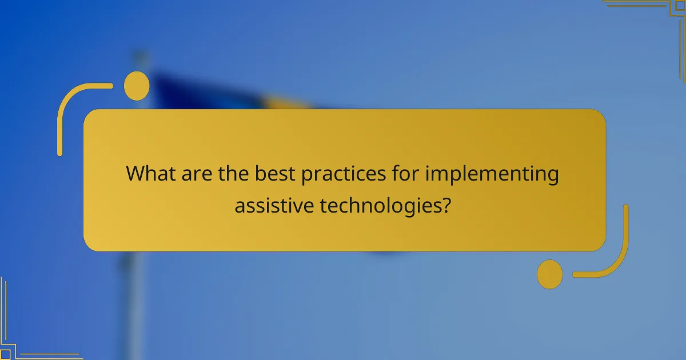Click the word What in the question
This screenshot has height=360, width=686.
[x=151, y=173]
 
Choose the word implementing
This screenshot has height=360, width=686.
[x=492, y=174]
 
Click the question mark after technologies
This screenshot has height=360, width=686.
[x=444, y=205]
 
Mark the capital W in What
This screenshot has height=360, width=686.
[x=135, y=173]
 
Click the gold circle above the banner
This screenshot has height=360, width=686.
[x=137, y=86]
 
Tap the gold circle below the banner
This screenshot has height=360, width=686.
[x=550, y=274]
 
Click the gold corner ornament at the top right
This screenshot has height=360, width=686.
[x=657, y=17]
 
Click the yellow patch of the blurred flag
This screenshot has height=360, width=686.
[x=286, y=103]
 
